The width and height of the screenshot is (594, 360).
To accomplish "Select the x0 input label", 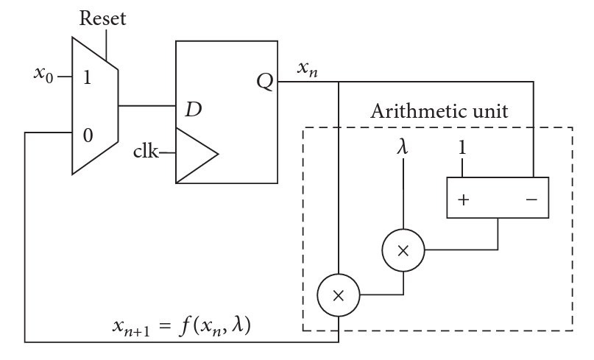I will click(x=43, y=74).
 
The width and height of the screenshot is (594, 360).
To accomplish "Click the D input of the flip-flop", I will click(x=192, y=110).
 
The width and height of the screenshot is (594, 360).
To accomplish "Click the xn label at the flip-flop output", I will click(x=308, y=69).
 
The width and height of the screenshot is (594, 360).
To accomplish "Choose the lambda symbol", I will click(x=401, y=147).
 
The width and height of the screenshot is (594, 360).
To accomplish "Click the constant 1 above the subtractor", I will click(x=462, y=147).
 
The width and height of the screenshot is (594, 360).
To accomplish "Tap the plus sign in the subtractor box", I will click(x=464, y=198).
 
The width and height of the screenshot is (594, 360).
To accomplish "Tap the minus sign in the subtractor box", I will click(x=531, y=198).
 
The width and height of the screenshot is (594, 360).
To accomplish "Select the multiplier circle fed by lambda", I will click(x=402, y=250).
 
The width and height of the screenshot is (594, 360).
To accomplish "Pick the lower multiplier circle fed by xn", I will click(x=338, y=295).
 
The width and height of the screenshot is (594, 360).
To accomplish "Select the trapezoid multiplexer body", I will click(x=94, y=107).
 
